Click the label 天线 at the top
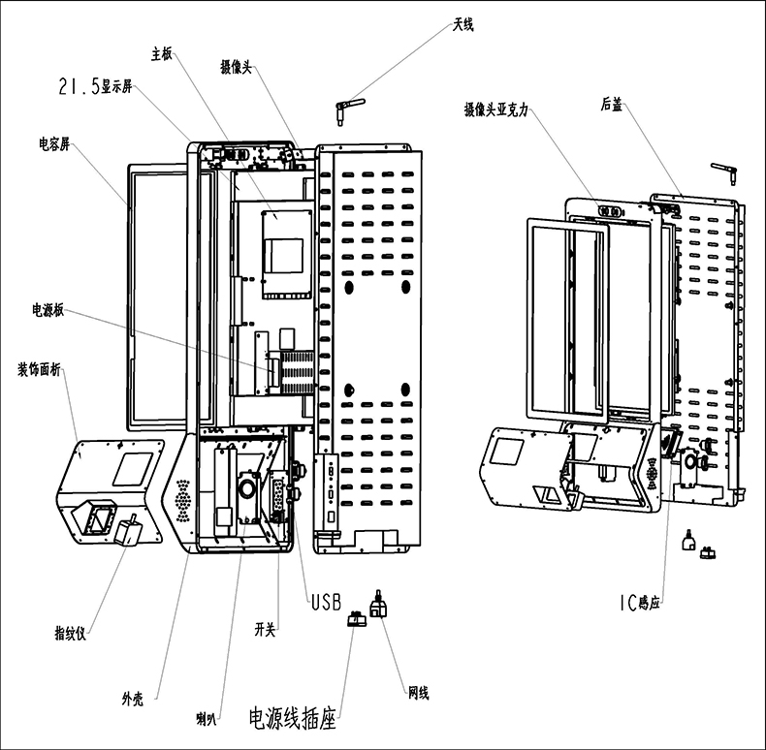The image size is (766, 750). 463,24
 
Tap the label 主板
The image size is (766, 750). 161,54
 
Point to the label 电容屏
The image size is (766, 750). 54,144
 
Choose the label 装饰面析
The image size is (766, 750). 41,368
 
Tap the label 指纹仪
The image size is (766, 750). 71,635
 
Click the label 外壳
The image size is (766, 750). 134,698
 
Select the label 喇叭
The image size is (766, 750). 206,718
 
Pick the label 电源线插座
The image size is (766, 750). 292,719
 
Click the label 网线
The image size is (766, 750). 418,693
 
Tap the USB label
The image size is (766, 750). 326,603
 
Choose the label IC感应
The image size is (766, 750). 639,603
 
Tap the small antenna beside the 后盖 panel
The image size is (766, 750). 724,172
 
